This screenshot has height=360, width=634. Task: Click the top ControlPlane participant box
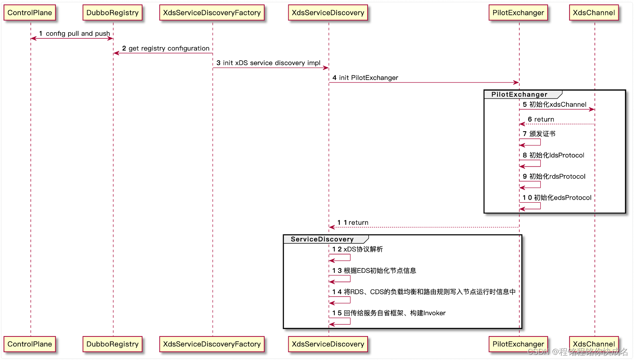click(30, 13)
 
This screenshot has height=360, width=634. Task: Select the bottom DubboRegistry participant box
click(112, 344)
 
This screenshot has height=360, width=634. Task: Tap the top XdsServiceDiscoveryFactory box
click(212, 13)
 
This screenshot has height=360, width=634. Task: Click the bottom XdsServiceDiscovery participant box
click(328, 344)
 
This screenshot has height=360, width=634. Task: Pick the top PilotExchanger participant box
click(518, 13)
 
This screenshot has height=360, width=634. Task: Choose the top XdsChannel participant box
click(594, 13)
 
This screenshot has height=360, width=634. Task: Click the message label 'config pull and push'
click(78, 34)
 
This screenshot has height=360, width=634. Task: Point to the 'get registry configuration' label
click(169, 48)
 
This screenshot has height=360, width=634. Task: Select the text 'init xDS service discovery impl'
click(272, 63)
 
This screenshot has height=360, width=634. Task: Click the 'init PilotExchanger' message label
click(368, 78)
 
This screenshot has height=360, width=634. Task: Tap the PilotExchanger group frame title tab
click(519, 95)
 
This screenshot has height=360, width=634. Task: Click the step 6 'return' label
click(544, 119)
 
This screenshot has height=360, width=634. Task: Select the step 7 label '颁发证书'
click(542, 134)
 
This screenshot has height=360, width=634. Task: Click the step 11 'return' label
click(358, 222)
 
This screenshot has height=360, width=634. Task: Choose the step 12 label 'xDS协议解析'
click(363, 249)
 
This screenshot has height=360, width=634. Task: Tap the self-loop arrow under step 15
click(340, 321)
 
